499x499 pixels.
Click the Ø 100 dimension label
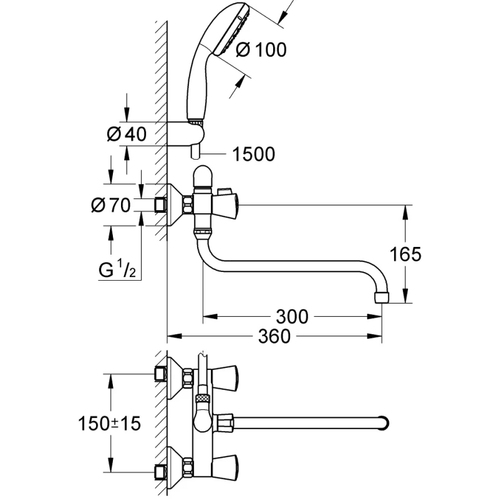261,49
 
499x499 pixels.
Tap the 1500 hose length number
253,154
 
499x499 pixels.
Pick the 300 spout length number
291,317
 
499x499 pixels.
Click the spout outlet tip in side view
382,297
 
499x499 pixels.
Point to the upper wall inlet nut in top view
162,374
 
